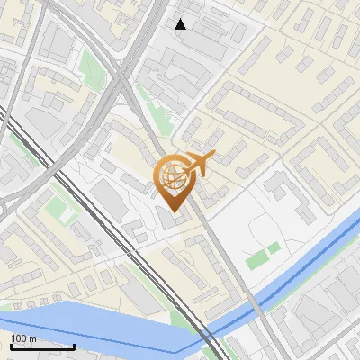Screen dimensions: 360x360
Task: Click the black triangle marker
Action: click(181, 24)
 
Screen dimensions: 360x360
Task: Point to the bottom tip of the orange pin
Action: click(173, 211)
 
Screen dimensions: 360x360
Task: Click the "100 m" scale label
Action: click(23, 338)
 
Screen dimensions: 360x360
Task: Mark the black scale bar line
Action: click(42, 346)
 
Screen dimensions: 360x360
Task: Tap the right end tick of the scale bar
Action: click(74, 345)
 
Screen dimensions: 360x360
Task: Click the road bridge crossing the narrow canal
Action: click(256, 305)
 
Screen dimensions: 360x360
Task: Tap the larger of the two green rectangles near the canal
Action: click(256, 261)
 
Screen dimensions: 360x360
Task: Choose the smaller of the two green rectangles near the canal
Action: click(274, 247)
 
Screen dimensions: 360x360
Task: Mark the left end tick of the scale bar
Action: click(11, 345)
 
